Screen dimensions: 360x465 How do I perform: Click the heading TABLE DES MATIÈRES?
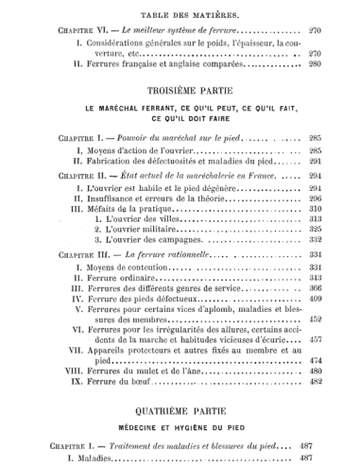180,16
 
